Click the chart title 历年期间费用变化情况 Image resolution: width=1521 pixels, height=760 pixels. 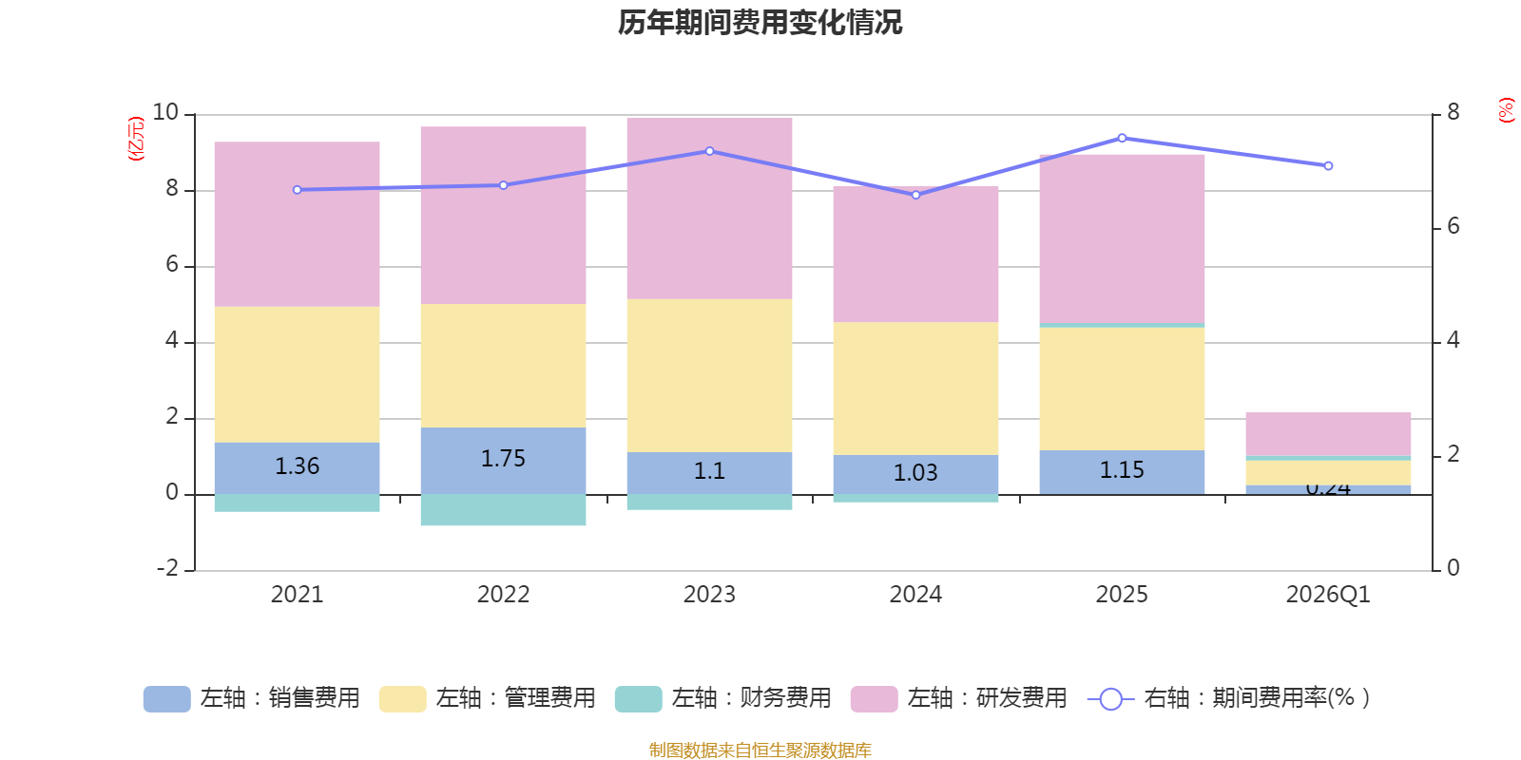(760, 23)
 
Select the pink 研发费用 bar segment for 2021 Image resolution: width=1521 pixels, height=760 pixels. (297, 224)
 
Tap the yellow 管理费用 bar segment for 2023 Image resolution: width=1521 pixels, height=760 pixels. (709, 375)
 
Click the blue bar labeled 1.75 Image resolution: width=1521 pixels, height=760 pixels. (503, 460)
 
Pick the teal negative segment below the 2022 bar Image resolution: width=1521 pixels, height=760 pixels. (503, 510)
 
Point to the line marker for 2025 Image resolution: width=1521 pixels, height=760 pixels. (1122, 138)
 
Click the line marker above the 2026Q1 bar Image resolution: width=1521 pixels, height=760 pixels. (1328, 166)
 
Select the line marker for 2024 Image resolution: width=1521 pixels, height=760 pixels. (915, 195)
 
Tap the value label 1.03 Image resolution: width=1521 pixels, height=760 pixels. (915, 473)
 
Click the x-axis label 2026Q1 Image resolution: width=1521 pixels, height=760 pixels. (1328, 595)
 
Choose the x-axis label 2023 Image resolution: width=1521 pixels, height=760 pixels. (709, 595)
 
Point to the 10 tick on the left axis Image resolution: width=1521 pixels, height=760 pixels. (165, 113)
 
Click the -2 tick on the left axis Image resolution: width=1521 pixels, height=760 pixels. (168, 568)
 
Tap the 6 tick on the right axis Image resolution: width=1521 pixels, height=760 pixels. (1453, 226)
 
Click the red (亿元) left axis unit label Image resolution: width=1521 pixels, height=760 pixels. (136, 139)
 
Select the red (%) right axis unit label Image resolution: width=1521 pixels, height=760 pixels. (1506, 110)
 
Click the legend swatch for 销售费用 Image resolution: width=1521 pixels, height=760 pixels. (166, 699)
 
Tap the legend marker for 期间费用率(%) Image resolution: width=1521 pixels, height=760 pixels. (1110, 699)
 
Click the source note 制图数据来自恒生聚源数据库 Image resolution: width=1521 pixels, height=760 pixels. (760, 750)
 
